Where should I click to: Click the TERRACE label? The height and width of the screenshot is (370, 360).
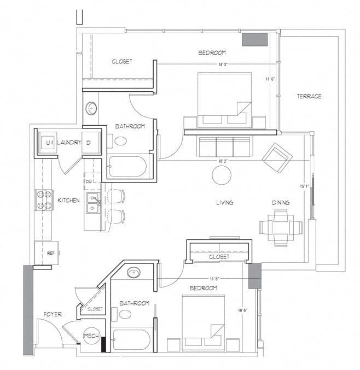coord(309,96)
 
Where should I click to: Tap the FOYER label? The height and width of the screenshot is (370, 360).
coord(52,314)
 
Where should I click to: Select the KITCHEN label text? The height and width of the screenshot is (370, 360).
coord(69,201)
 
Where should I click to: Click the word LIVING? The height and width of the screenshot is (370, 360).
coord(224,202)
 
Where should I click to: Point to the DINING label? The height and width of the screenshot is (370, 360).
coord(281,202)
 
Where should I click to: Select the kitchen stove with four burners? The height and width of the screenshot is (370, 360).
coord(43,200)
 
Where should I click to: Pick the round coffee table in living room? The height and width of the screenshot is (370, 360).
coord(222,175)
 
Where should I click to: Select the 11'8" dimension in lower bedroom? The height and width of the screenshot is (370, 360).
coord(214,279)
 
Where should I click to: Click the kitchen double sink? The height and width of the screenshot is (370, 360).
coord(94,203)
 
